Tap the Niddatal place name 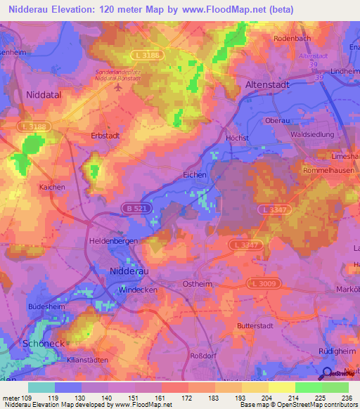click(x=45, y=93)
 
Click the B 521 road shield click(x=138, y=208)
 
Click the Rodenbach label click(x=292, y=38)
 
